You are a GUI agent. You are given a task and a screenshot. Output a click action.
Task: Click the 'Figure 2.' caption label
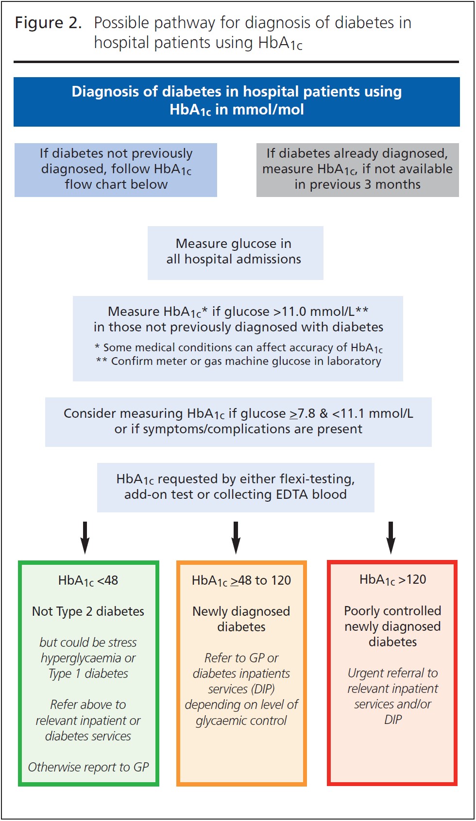click(48, 23)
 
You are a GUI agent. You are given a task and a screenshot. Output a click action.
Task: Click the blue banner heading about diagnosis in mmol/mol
click(237, 101)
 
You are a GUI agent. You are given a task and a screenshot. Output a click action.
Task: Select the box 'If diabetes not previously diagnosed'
click(116, 170)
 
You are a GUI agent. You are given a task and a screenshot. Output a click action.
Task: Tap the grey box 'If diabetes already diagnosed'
click(357, 170)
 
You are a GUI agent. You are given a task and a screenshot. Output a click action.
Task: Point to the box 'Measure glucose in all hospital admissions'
click(235, 253)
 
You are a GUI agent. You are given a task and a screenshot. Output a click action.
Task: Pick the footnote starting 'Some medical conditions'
click(238, 347)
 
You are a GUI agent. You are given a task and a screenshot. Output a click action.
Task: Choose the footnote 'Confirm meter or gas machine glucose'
click(238, 361)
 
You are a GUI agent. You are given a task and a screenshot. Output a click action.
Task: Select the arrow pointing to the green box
click(85, 538)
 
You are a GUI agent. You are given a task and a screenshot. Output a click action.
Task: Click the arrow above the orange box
click(236, 538)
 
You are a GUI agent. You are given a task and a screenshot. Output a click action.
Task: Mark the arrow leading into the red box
click(391, 538)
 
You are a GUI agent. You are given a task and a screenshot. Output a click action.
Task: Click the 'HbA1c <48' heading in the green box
click(88, 580)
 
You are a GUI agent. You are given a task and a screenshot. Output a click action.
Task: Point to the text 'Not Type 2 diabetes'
click(88, 611)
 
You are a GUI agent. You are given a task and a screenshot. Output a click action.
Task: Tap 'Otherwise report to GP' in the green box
click(88, 767)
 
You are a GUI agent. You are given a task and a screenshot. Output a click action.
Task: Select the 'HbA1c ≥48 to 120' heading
click(241, 580)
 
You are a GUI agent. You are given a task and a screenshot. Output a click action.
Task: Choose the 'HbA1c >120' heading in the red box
click(392, 579)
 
